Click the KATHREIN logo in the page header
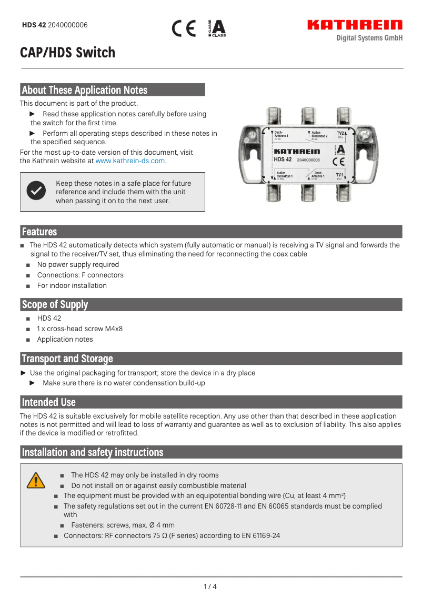(355, 25)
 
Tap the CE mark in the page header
(184, 28)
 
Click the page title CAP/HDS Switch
(67, 53)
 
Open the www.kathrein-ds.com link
(130, 161)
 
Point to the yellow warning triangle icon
(36, 480)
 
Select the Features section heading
(39, 232)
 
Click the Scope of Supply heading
(55, 305)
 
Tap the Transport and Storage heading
(67, 359)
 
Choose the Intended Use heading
(48, 402)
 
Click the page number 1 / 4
(210, 586)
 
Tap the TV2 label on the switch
(340, 134)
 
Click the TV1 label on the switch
(340, 175)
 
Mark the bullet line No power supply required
(78, 265)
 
